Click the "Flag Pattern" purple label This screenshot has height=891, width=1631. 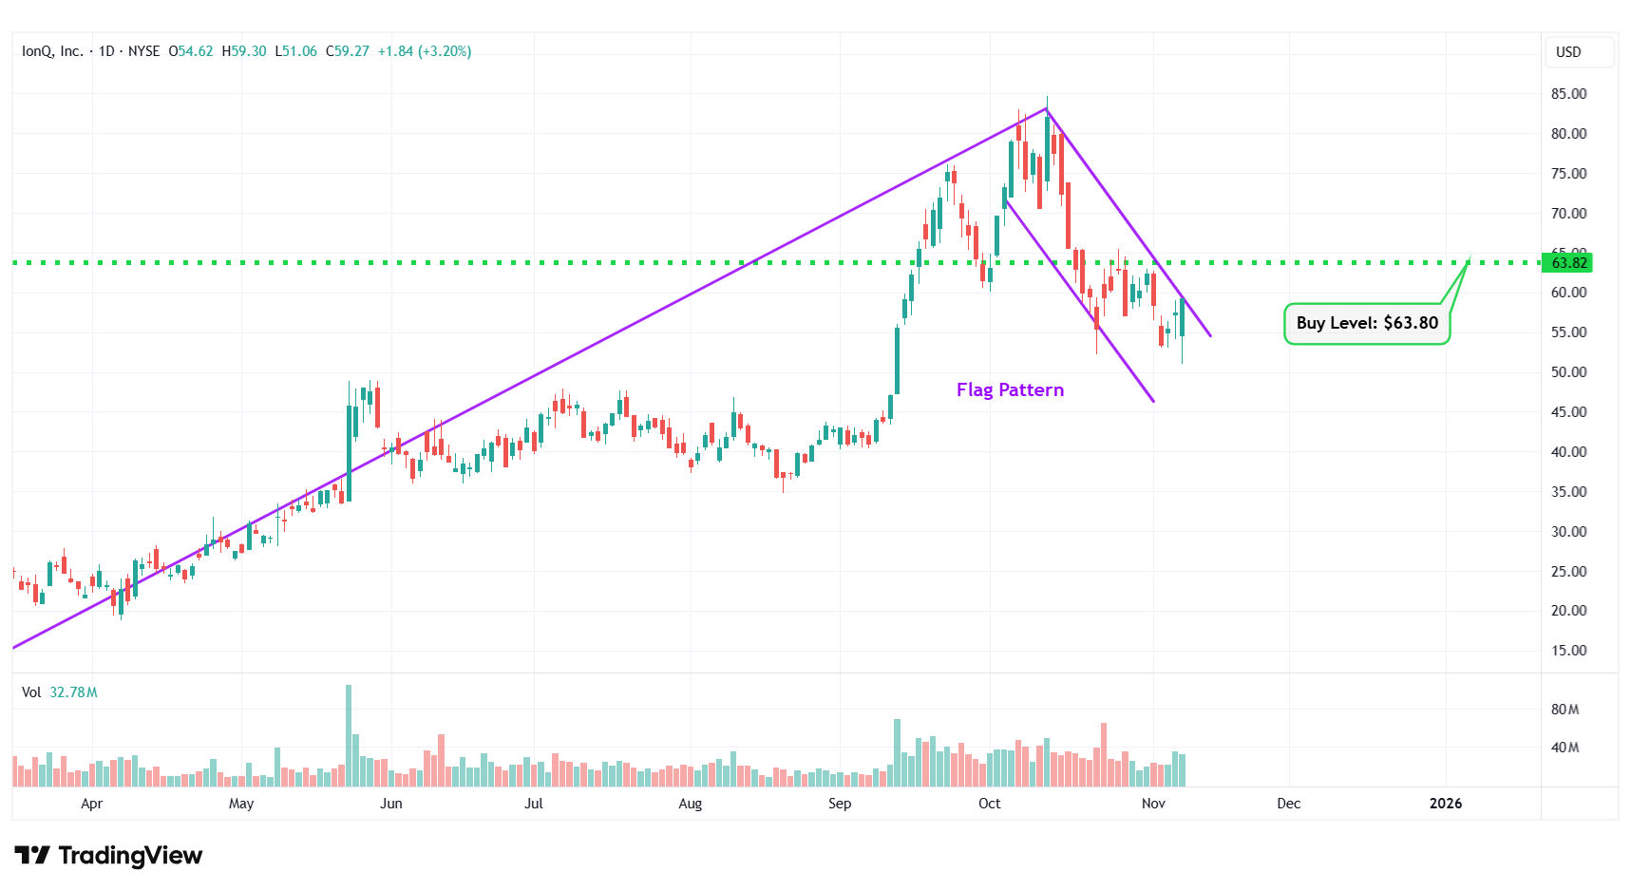(x=1010, y=390)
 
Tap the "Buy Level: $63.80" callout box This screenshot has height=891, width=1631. (x=1366, y=323)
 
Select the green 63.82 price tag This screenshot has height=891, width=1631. (x=1568, y=263)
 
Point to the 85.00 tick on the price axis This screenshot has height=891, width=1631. (x=1568, y=94)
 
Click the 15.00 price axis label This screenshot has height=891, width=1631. (x=1568, y=651)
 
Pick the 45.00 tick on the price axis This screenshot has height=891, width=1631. (x=1568, y=412)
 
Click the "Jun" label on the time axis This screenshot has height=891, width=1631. (x=390, y=804)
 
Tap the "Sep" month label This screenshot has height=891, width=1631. (x=840, y=804)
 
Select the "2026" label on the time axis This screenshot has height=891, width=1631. (x=1446, y=804)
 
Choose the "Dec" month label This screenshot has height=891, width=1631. (x=1288, y=804)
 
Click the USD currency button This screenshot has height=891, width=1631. (x=1568, y=52)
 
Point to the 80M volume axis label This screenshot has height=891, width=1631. (x=1565, y=710)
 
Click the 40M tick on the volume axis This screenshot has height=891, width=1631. (x=1565, y=748)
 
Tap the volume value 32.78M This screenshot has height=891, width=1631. (x=73, y=692)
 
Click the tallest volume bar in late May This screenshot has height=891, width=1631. (x=349, y=736)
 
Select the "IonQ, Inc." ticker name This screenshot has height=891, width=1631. (x=52, y=51)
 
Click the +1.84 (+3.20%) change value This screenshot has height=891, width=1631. (x=425, y=51)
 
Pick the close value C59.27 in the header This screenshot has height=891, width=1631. (x=348, y=51)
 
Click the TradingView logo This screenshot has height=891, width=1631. (x=108, y=856)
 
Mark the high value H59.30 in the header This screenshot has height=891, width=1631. (x=244, y=51)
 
